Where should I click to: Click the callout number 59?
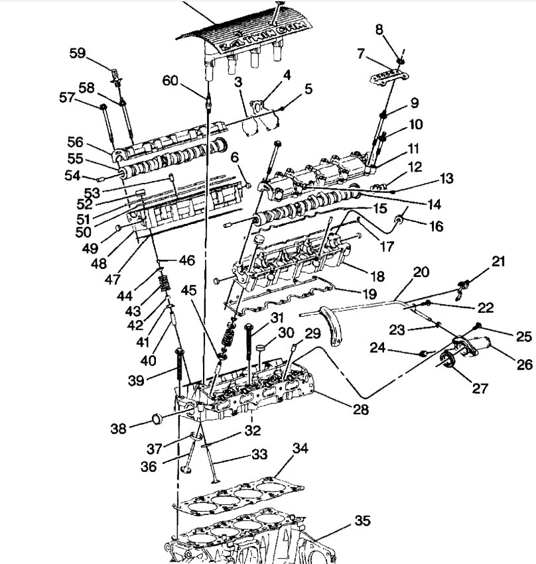click(78, 54)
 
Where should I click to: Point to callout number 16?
click(436, 227)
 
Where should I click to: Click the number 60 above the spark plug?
click(170, 81)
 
